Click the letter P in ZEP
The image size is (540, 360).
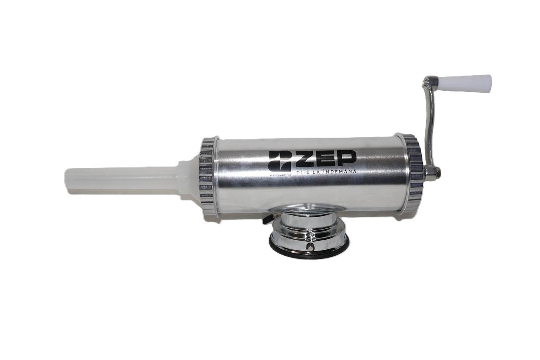(346, 160)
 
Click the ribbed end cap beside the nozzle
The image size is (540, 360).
(206, 176)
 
